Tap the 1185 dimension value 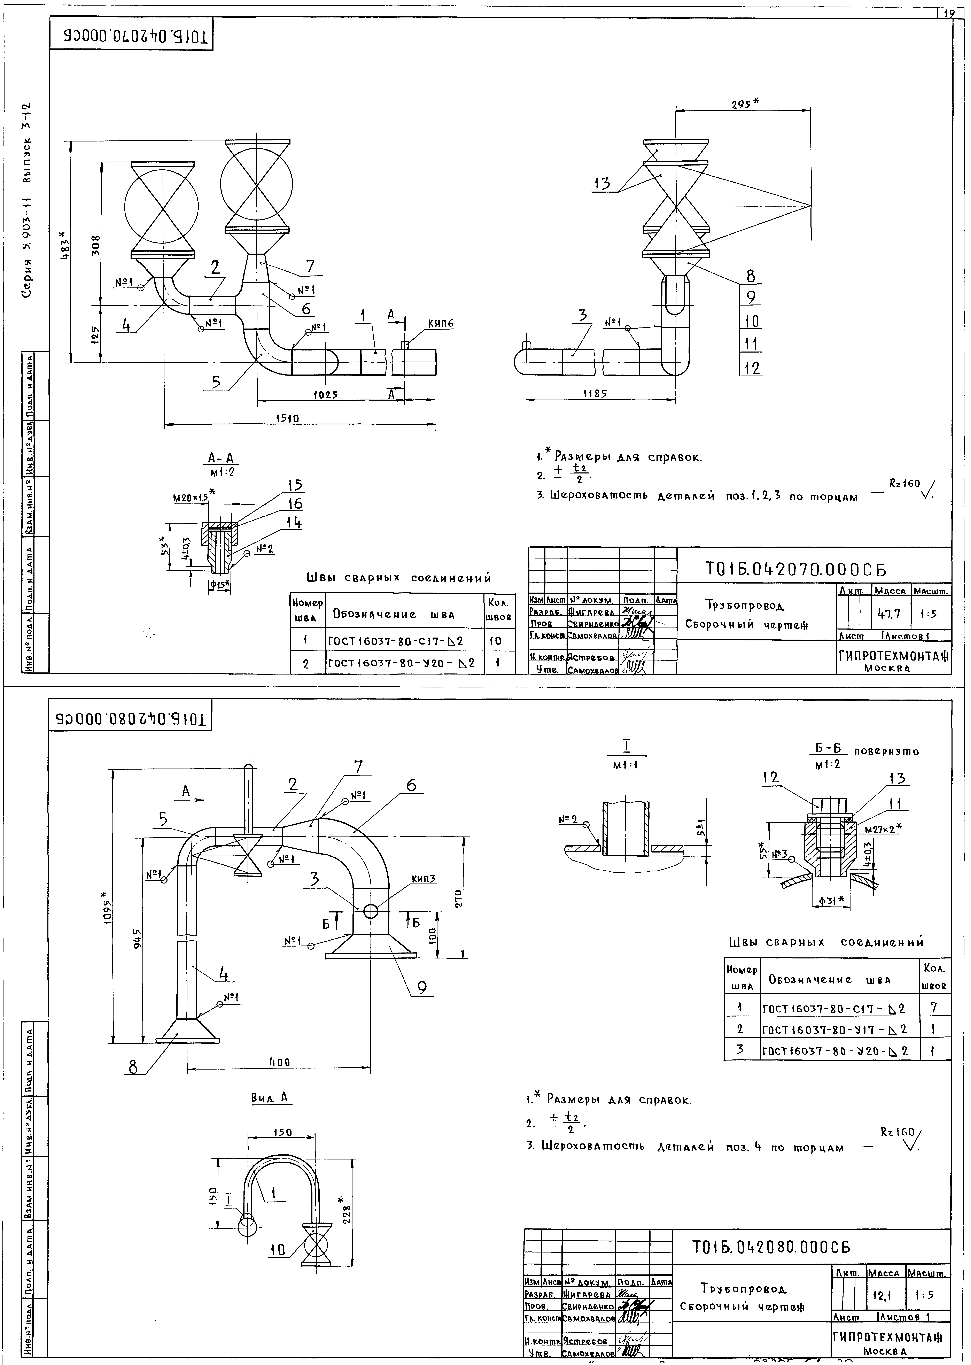pos(595,393)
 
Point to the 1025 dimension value pos(326,395)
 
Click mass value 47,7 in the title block pos(889,614)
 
